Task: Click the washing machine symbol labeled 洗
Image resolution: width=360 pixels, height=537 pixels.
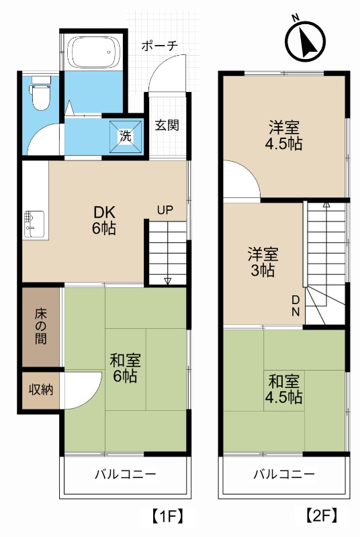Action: click(127, 133)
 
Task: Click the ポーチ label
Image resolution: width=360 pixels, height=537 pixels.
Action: click(159, 46)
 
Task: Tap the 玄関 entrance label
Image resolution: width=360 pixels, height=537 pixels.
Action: click(167, 124)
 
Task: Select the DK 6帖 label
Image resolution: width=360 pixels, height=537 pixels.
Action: click(104, 219)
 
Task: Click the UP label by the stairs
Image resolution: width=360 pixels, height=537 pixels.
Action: click(165, 209)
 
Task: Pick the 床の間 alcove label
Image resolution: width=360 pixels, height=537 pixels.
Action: click(40, 327)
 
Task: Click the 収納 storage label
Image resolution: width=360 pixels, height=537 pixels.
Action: click(40, 389)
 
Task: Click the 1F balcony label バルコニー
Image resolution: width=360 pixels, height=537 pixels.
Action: click(125, 475)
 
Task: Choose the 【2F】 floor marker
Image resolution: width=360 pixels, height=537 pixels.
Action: click(322, 517)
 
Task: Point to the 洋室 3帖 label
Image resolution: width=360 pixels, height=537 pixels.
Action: click(263, 262)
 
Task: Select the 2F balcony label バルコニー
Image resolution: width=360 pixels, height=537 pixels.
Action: click(283, 475)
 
